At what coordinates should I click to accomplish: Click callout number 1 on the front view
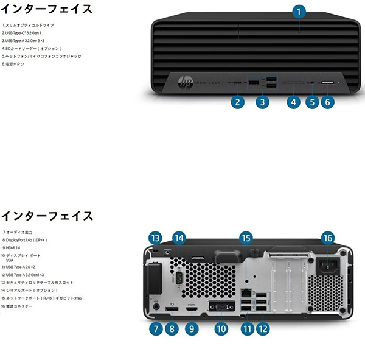[298, 10]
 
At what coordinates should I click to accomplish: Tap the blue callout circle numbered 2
[238, 102]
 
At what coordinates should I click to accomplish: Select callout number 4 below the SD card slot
[293, 102]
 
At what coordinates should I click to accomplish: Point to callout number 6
[327, 102]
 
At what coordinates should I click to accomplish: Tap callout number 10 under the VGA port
[220, 328]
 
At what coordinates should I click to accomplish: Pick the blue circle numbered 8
[172, 328]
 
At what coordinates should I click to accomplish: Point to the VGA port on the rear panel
[220, 308]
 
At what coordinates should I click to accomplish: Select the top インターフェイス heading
[46, 9]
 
